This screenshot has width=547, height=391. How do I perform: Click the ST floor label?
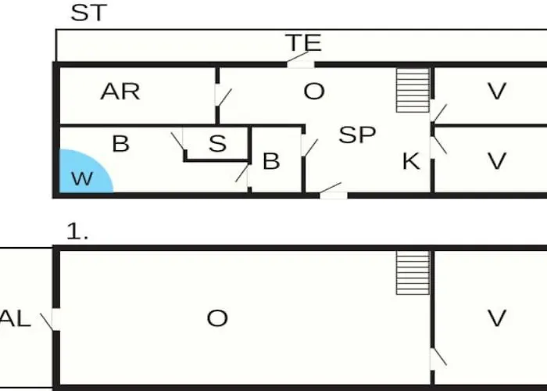point(88,13)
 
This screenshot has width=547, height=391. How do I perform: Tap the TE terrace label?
point(303,42)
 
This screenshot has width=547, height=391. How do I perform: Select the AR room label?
point(120,91)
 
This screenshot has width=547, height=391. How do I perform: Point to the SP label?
point(357,135)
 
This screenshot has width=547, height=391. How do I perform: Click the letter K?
point(411,161)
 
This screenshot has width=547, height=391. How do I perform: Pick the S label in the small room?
point(217,143)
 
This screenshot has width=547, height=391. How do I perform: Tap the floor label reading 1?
point(77,231)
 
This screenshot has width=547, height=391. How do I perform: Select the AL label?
point(16,319)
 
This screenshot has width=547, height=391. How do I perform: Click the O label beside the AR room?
point(314,91)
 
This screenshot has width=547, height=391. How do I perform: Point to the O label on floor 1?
point(217,319)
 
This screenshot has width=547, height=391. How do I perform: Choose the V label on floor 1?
point(496,319)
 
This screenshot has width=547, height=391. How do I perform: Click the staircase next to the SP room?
point(413,90)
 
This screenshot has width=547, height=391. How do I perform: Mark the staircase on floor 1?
point(413,273)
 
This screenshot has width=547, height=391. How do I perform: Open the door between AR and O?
point(222,95)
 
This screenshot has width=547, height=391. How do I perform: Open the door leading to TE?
point(299,59)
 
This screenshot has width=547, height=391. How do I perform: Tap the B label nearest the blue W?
point(120,143)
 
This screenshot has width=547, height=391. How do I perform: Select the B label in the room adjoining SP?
point(271,161)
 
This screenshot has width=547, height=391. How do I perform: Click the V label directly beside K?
point(496,161)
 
